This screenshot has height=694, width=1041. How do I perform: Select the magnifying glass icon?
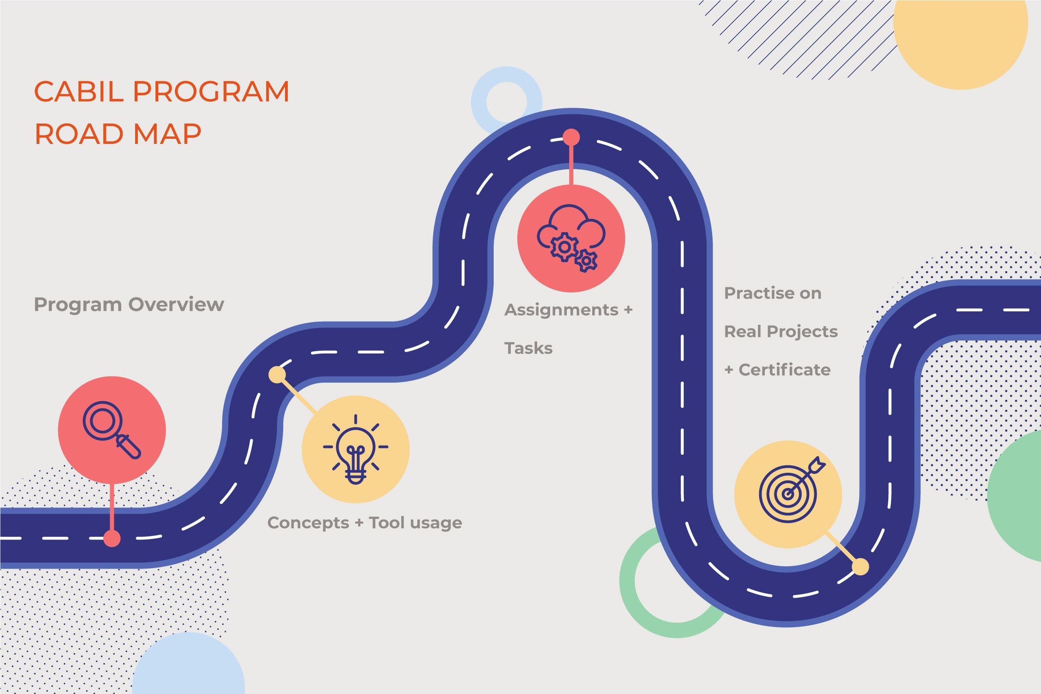coord(112,430)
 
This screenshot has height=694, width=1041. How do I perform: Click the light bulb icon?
coord(355,449)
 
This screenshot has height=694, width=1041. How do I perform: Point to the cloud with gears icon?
coord(571,238)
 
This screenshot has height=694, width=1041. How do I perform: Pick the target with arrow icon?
coord(788,493)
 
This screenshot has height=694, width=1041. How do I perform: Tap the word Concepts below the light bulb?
coord(308,523)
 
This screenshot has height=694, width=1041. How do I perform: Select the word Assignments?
coord(561,310)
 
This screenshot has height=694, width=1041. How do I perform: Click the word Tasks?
coord(528,348)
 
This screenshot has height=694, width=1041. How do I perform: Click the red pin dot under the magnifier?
coord(112,539)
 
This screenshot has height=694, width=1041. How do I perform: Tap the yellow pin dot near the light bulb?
coord(277,374)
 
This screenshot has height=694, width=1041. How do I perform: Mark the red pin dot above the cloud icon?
coord(571,137)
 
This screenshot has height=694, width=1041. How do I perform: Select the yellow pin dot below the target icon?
coord(860,566)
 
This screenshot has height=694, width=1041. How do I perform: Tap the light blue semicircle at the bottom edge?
coord(188,666)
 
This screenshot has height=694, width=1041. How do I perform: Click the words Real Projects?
coord(781,331)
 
